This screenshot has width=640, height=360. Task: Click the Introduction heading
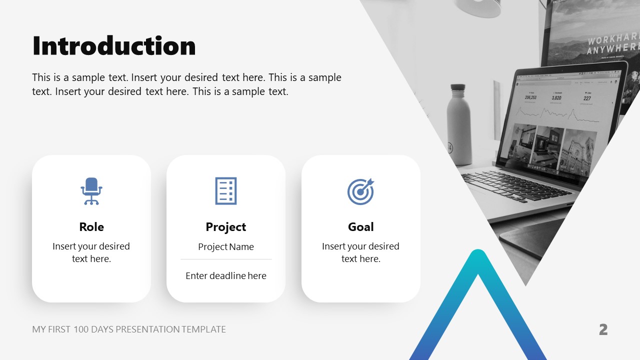[114, 46]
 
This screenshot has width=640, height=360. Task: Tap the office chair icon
[91, 191]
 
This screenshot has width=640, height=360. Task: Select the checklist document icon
[226, 191]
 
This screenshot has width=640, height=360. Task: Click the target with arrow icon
[360, 191]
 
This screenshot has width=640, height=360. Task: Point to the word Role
[91, 227]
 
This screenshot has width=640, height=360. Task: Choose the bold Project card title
[226, 227]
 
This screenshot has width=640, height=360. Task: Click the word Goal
[360, 227]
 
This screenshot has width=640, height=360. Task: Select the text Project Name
[226, 246]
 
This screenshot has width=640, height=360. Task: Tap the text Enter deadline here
[226, 275]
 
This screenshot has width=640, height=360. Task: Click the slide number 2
[603, 329]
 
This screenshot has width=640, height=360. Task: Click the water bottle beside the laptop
[459, 125]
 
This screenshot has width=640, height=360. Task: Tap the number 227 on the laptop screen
[587, 98]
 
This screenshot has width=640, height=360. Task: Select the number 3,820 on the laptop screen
[556, 98]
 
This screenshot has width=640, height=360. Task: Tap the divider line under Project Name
[226, 259]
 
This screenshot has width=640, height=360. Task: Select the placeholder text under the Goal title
[360, 252]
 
